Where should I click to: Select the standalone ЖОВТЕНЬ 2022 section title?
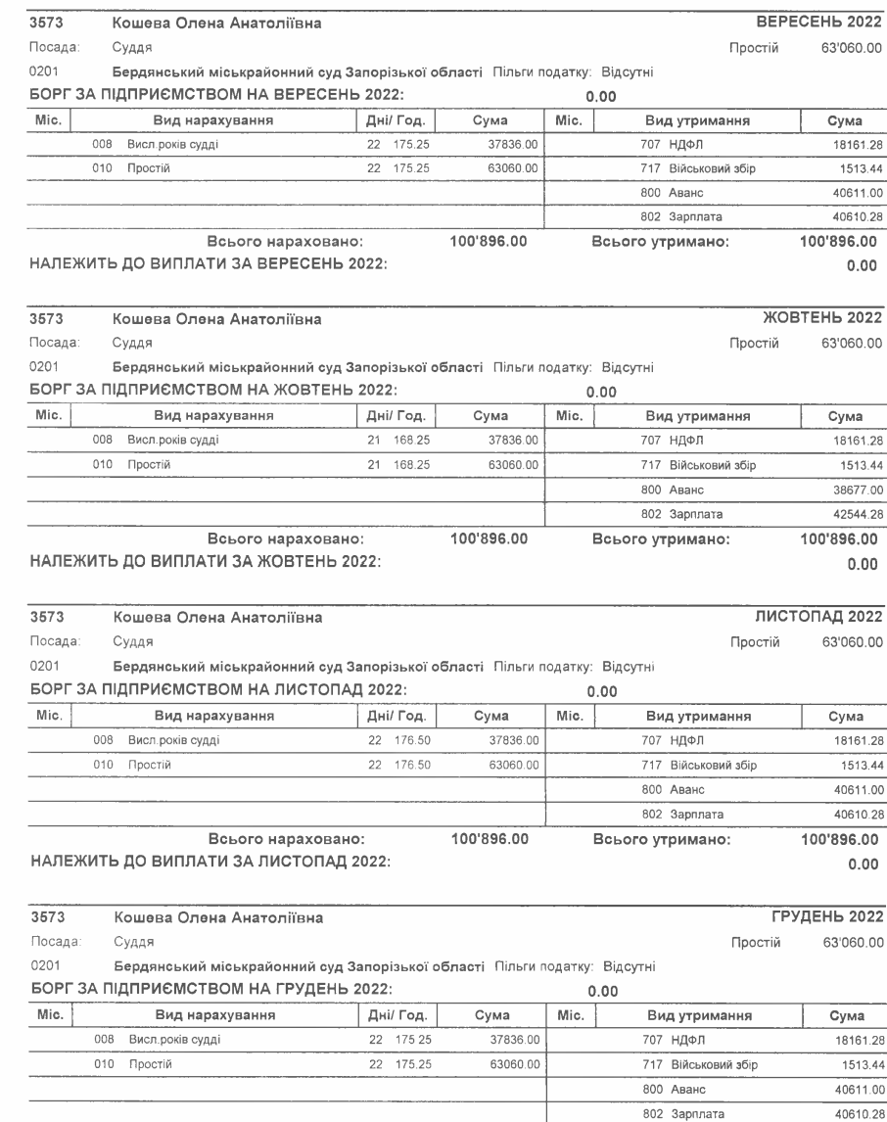tap(823, 319)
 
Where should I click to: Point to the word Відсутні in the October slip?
tap(627, 369)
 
